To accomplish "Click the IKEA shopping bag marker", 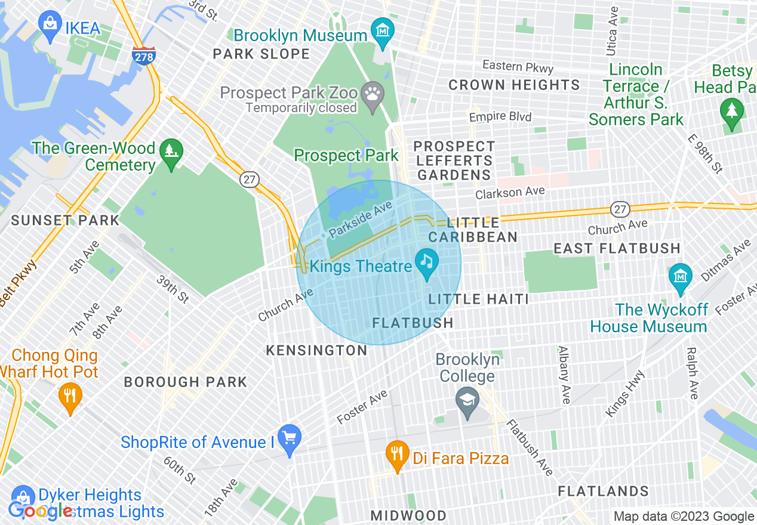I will click(50, 24).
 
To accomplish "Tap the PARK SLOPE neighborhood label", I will click(261, 54).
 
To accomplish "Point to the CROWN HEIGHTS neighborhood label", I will click(514, 85).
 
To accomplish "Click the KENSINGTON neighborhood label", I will click(316, 351).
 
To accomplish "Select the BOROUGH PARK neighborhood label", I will click(185, 382).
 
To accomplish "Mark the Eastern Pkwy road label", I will click(518, 67).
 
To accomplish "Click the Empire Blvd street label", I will click(500, 117).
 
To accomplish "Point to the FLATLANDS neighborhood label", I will click(603, 491).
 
